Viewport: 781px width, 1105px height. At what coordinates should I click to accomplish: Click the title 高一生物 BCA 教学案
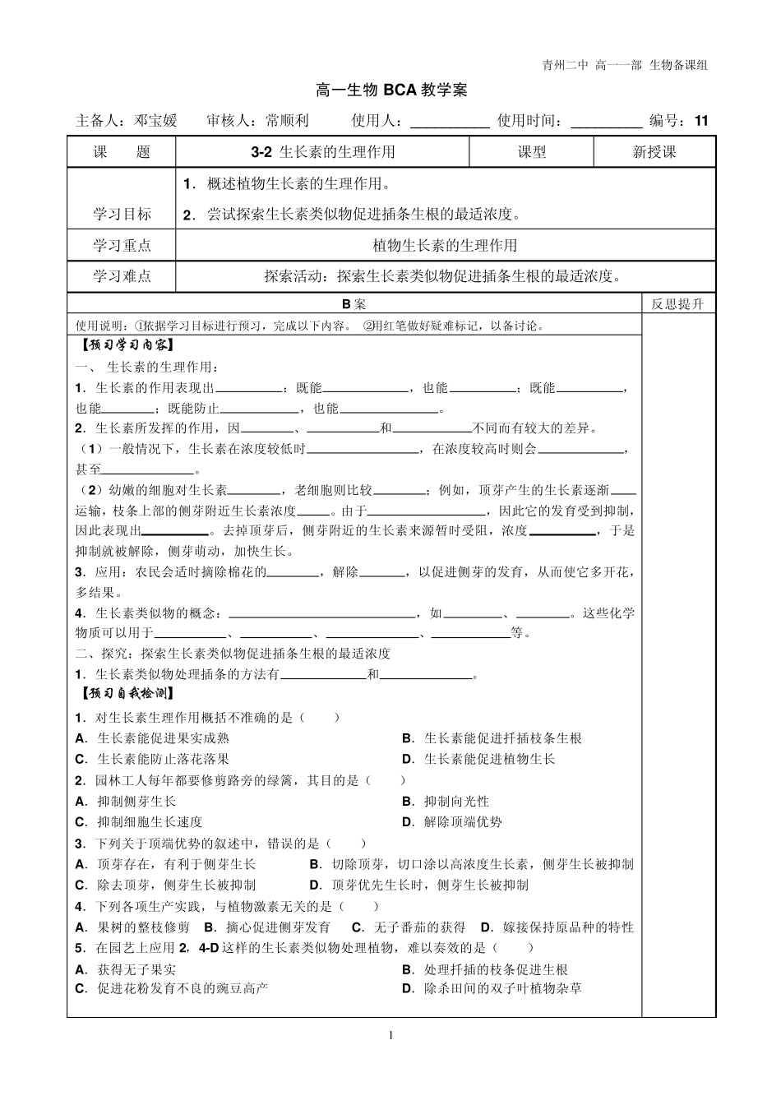[x=391, y=90]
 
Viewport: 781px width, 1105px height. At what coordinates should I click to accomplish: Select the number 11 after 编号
[x=700, y=121]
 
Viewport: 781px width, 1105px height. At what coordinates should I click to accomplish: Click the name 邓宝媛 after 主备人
[x=155, y=121]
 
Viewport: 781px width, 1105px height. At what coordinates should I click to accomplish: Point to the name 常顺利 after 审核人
[x=287, y=121]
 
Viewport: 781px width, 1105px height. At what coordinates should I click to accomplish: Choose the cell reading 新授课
[x=654, y=152]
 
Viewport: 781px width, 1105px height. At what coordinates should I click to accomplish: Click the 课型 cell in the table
[x=531, y=152]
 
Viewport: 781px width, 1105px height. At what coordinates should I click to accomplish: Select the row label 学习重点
[x=122, y=245]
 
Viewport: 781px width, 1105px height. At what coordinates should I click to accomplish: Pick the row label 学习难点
[x=122, y=276]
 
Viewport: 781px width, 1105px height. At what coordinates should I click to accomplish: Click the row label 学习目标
[x=122, y=215]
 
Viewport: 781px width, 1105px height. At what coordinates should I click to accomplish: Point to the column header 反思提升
[x=677, y=304]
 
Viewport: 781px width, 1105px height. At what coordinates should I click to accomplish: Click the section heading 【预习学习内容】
[x=126, y=345]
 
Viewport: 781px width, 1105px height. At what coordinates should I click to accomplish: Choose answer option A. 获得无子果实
[x=126, y=970]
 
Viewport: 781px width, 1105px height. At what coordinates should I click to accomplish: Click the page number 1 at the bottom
[x=391, y=1035]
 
